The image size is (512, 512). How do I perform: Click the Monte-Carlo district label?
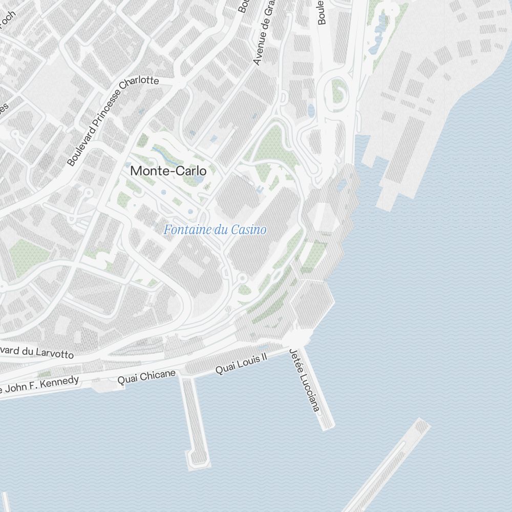168,171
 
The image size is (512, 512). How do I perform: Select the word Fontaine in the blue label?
187,230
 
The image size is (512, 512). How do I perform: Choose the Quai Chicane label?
146,376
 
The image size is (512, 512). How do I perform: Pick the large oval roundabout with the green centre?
337,93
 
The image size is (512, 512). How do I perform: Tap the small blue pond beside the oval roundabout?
311,110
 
